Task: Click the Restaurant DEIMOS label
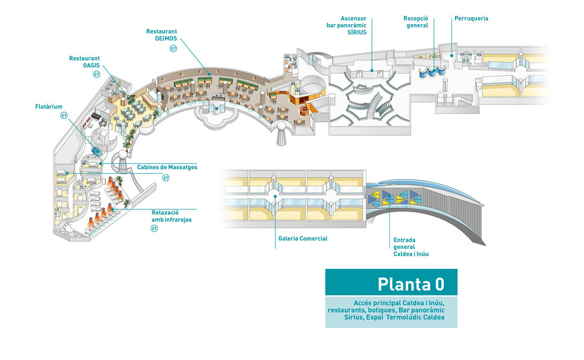[x=162, y=34]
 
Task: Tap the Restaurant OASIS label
[x=84, y=62]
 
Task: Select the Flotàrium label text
[x=49, y=107]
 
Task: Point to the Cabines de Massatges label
[x=167, y=167]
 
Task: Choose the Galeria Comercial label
[x=303, y=239]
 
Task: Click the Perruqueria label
[x=471, y=19]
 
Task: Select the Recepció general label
[x=416, y=22]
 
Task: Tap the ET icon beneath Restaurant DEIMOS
[x=174, y=48]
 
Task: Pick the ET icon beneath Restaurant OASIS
[x=96, y=74]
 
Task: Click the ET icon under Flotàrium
[x=64, y=115]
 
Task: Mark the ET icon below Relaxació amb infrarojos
[x=155, y=229]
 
